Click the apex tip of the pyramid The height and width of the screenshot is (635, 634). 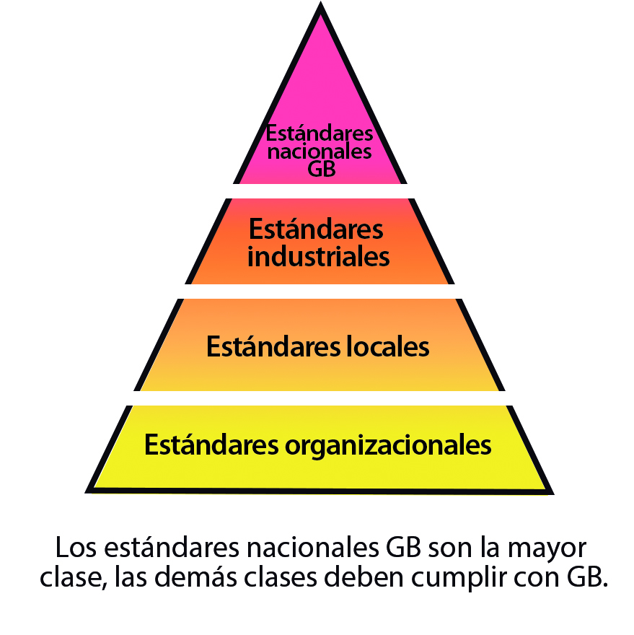pyautogui.click(x=321, y=3)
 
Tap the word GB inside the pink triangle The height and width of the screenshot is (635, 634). pyautogui.click(x=322, y=169)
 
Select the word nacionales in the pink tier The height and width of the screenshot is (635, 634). pyautogui.click(x=320, y=152)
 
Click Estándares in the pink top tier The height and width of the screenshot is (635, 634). pyautogui.click(x=320, y=133)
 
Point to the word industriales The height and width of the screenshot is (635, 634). pyautogui.click(x=319, y=256)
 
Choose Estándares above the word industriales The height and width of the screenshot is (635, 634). pyautogui.click(x=316, y=229)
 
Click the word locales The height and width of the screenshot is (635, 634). pyautogui.click(x=388, y=346)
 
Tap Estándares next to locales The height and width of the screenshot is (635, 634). pyautogui.click(x=273, y=346)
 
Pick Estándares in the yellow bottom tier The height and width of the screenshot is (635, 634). pyautogui.click(x=212, y=444)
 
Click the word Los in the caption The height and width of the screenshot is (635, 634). pyautogui.click(x=76, y=548)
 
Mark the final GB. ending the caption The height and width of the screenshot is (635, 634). pyautogui.click(x=587, y=577)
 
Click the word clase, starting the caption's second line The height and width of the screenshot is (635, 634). pyautogui.click(x=74, y=577)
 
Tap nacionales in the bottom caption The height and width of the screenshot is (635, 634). pyautogui.click(x=312, y=548)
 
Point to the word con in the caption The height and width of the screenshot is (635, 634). pyautogui.click(x=537, y=579)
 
